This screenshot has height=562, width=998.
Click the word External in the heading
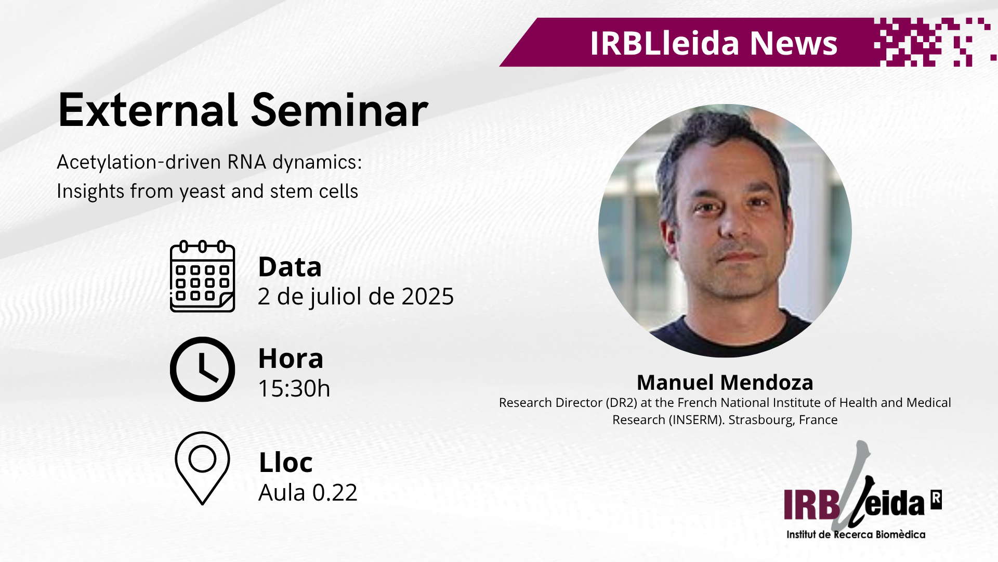coord(148,110)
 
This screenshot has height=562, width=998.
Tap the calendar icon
coord(203,276)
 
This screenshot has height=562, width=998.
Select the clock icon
coord(203,369)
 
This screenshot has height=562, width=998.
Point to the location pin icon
coord(203,468)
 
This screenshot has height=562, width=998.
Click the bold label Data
coord(290,267)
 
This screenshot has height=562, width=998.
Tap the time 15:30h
coord(294,388)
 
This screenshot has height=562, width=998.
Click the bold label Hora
coord(291,359)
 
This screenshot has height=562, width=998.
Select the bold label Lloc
coord(286,462)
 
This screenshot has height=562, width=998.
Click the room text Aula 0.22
coord(308,492)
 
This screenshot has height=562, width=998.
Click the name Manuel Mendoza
coord(725,382)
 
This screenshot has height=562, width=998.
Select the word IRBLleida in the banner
coord(665,43)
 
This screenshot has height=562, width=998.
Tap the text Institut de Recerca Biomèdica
coord(856,534)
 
